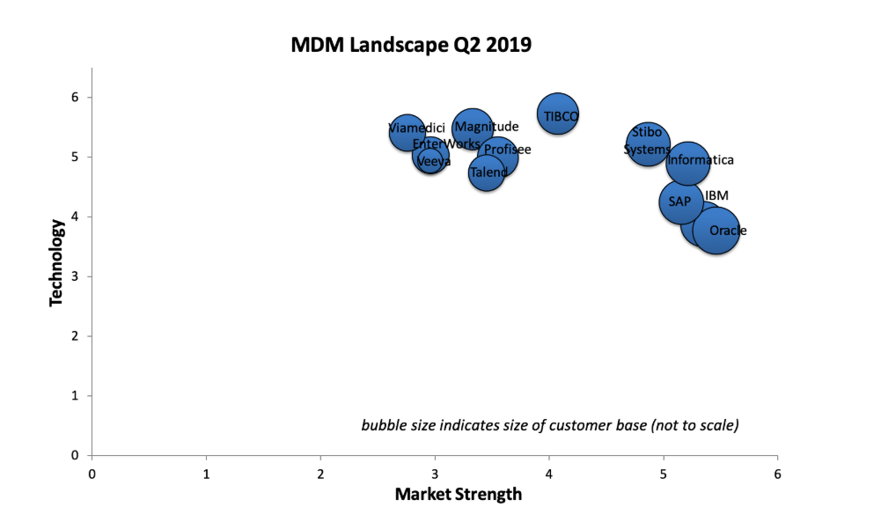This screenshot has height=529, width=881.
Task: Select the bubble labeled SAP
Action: click(680, 202)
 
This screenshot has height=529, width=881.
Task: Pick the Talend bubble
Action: click(487, 173)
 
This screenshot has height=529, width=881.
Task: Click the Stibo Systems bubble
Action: click(649, 143)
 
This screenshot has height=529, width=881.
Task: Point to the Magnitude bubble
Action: click(473, 129)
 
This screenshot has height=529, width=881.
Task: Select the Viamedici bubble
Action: click(407, 132)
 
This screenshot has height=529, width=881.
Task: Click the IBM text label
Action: click(716, 195)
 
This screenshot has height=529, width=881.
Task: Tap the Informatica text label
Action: click(701, 161)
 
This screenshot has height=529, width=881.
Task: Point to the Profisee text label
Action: click(508, 151)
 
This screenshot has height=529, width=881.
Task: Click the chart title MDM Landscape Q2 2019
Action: click(411, 45)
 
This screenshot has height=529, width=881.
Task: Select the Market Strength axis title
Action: click(458, 495)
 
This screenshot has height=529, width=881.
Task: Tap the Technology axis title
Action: click(57, 262)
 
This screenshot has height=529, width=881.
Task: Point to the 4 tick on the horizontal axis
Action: click(549, 473)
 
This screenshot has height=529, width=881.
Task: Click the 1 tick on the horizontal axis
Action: click(206, 473)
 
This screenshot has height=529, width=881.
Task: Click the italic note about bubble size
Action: click(549, 425)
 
